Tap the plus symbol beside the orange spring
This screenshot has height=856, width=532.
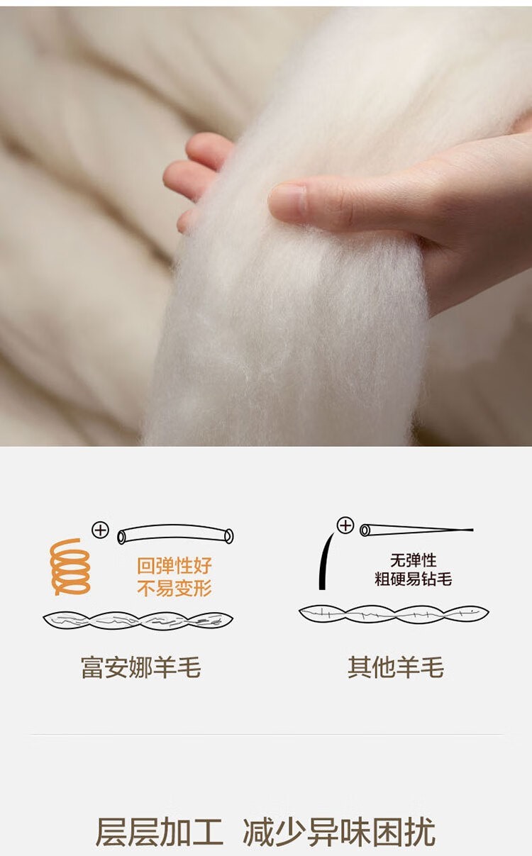click(x=101, y=530)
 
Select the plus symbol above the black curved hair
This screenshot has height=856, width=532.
click(x=345, y=525)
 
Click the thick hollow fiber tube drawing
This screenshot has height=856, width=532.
click(x=175, y=534)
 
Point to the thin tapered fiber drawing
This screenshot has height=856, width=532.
click(x=416, y=530)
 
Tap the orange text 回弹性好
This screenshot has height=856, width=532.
click(x=174, y=566)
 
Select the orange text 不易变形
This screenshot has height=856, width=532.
click(x=174, y=588)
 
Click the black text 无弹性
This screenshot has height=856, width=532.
click(x=413, y=560)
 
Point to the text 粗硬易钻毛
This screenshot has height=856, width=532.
click(x=413, y=579)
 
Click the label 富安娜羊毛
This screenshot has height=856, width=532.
click(x=141, y=667)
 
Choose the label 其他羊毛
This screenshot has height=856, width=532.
click(x=396, y=667)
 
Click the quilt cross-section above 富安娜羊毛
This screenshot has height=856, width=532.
click(x=138, y=621)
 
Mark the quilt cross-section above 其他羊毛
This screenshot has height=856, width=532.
click(x=394, y=614)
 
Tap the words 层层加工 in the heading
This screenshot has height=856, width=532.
click(x=160, y=832)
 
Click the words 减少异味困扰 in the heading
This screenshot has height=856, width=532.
click(x=339, y=832)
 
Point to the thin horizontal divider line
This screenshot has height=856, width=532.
click(x=267, y=735)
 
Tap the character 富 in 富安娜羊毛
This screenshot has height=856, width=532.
click(x=92, y=667)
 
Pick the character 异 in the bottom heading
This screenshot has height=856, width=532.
click(x=323, y=832)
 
